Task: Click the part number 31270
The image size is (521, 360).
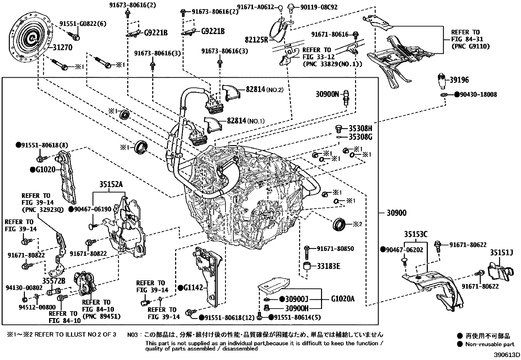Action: click(62, 47)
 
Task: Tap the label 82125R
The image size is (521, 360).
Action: click(257, 40)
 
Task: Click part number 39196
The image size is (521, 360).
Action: click(459, 80)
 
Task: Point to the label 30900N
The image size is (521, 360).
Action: click(327, 94)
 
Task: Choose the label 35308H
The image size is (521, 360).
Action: click(360, 128)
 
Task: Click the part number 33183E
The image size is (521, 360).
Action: click(328, 266)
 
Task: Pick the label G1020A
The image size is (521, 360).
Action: click(343, 299)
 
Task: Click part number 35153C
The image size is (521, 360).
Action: click(416, 234)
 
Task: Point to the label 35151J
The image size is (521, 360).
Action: click(501, 253)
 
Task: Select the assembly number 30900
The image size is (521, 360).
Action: click(396, 213)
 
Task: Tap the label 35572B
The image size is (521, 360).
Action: click(54, 281)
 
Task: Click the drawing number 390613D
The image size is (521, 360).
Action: click(507, 355)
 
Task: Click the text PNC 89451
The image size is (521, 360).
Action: click(101, 316)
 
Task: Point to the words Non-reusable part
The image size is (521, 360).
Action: click(490, 344)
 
